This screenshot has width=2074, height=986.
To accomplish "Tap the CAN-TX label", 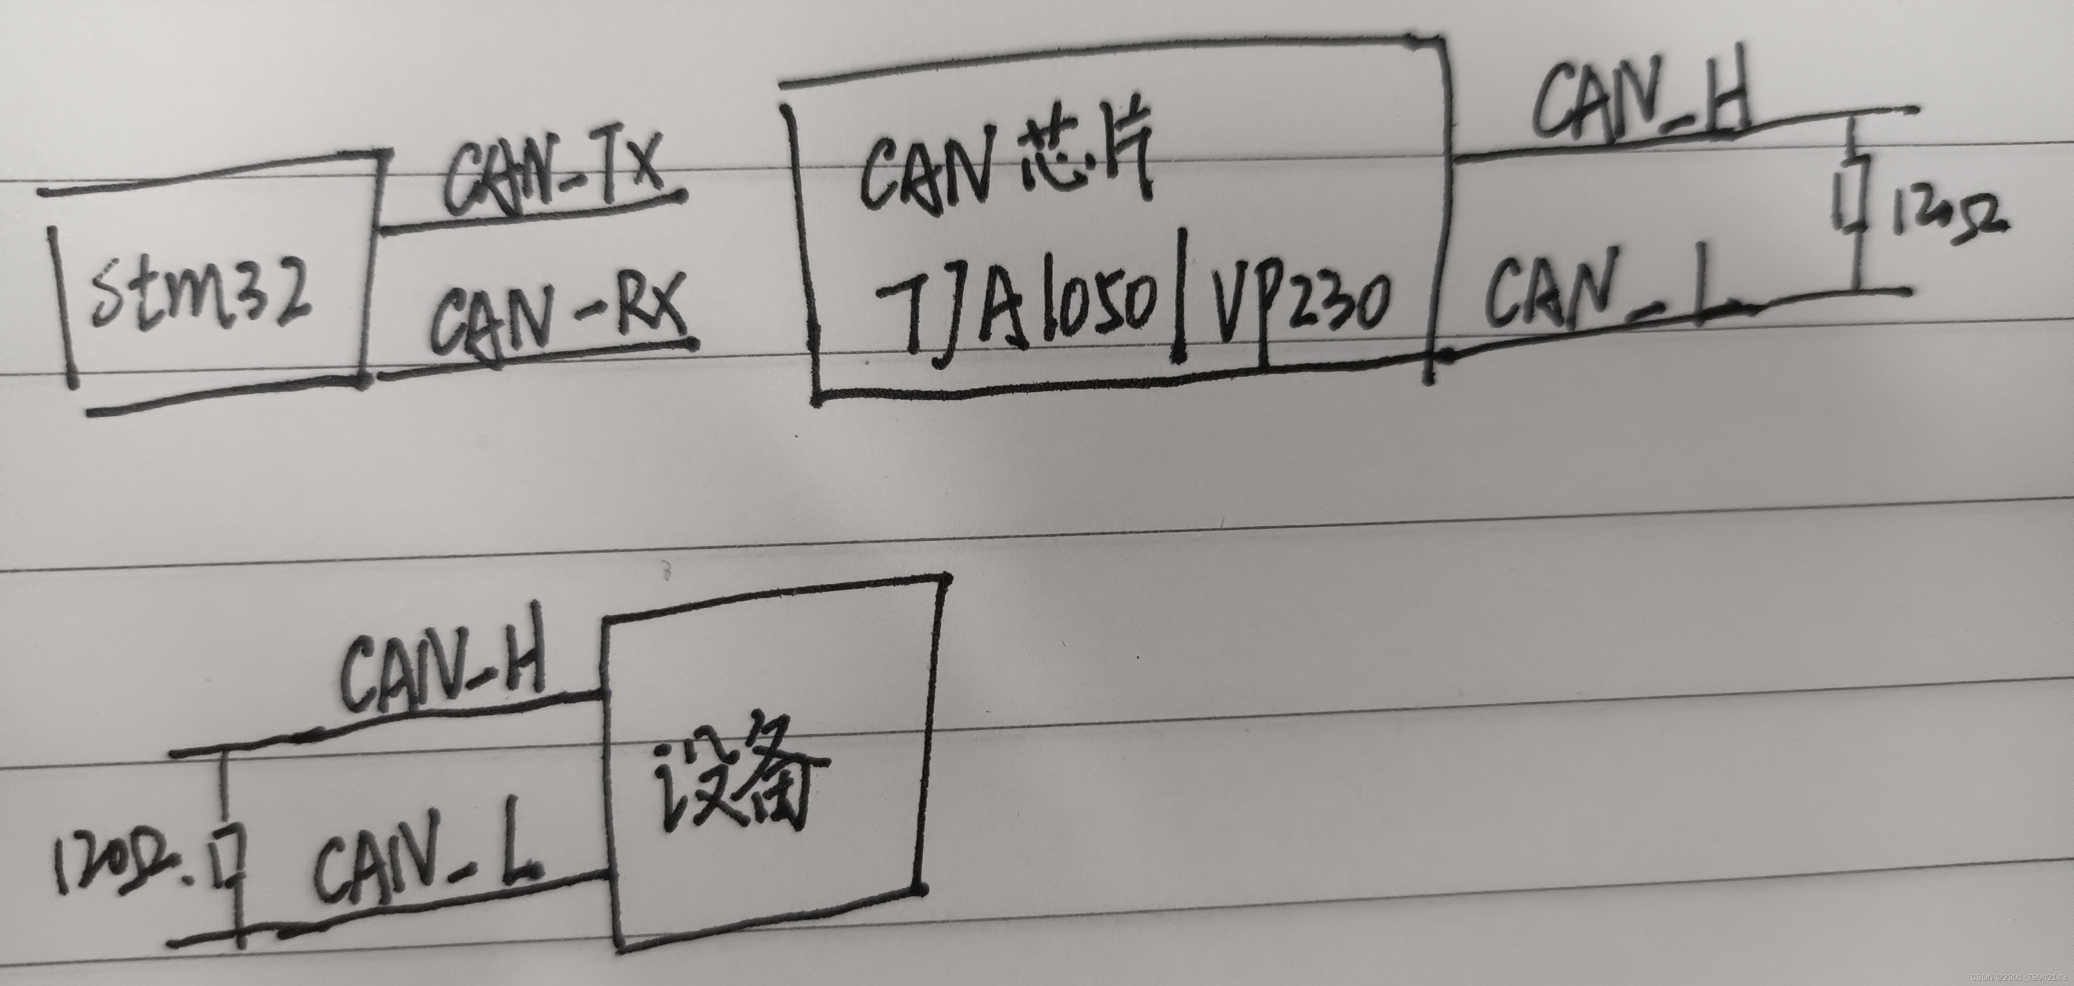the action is [x=555, y=177].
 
